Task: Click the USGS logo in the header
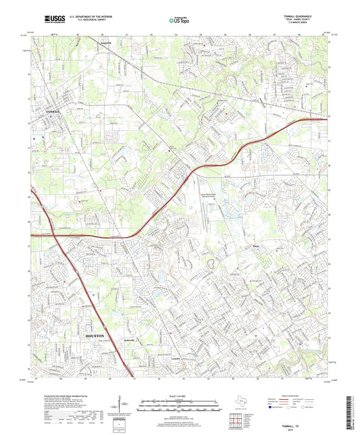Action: pyautogui.click(x=42, y=21)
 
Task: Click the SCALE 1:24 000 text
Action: pyautogui.click(x=180, y=395)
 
